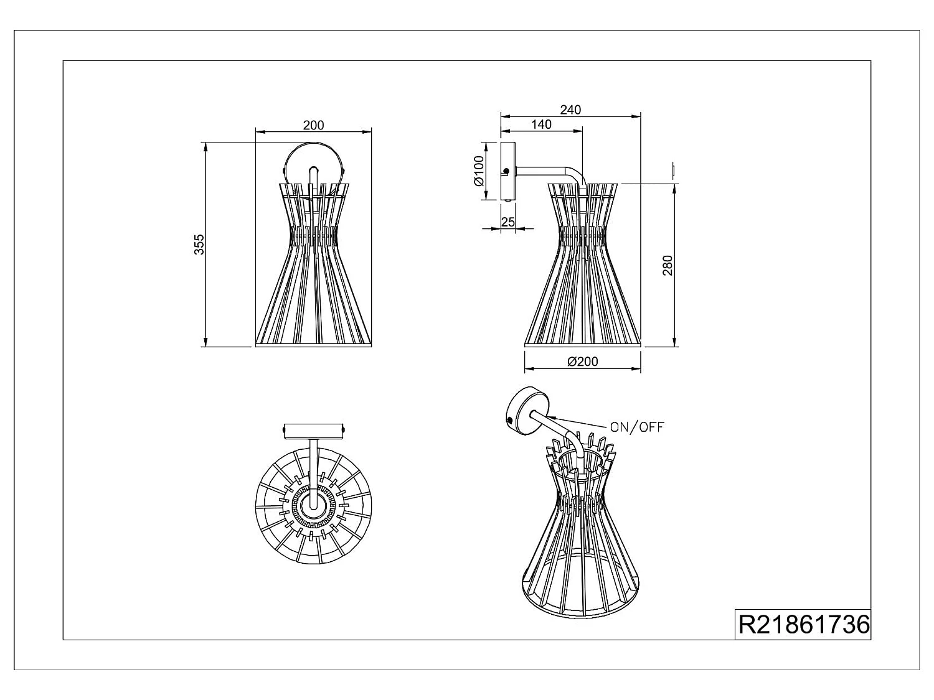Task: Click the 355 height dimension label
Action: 199,245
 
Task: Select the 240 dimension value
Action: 570,110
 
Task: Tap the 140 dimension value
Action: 541,124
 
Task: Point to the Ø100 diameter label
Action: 479,171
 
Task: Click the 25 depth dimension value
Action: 507,222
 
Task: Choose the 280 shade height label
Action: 667,265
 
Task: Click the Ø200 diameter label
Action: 583,362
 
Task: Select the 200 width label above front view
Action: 313,126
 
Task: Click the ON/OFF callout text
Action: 637,427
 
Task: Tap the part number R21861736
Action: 804,624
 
